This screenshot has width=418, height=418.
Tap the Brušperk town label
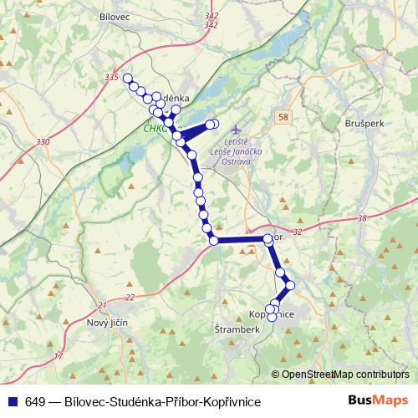tap(362, 122)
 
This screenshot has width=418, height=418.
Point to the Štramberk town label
tap(238, 329)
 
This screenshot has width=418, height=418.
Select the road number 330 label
tap(43, 142)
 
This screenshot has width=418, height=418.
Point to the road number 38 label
tap(361, 218)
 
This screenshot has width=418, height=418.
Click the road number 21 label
tap(101, 304)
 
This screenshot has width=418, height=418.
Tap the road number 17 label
tap(59, 357)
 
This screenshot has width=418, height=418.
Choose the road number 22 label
tap(129, 298)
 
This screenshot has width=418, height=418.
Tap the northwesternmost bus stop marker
tap(128, 79)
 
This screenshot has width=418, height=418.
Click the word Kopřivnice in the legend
tap(227, 402)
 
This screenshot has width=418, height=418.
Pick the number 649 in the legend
tap(35, 402)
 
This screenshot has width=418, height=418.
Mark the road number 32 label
tap(298, 232)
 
